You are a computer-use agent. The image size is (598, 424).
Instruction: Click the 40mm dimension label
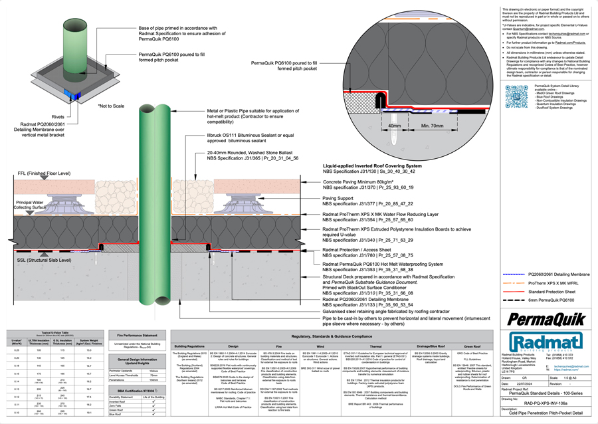[395, 125]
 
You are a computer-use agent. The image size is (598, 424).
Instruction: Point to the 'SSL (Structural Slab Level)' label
[39, 261]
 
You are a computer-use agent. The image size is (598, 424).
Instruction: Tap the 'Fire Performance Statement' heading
[138, 336]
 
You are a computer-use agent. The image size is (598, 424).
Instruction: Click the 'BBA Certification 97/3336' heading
[138, 390]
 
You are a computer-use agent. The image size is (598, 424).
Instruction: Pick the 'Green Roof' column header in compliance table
[472, 346]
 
